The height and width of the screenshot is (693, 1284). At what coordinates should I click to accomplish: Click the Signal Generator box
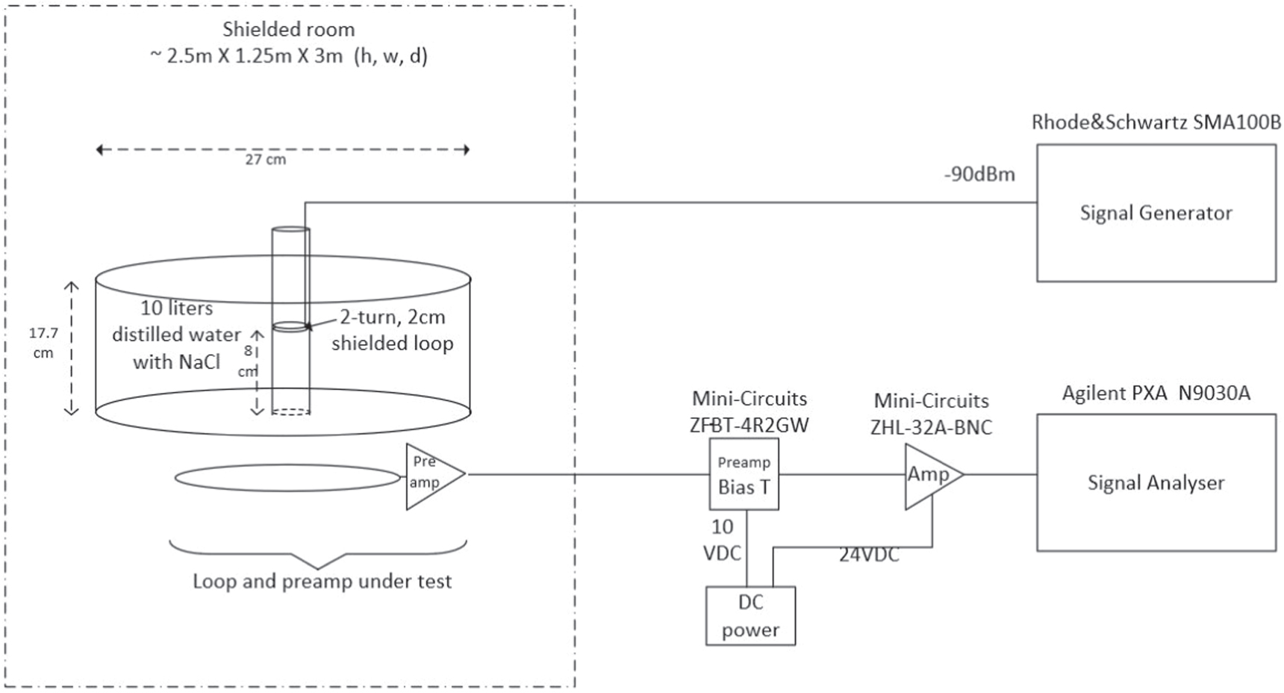coord(1156,213)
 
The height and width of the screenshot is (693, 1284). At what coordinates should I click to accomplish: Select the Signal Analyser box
coord(1156,482)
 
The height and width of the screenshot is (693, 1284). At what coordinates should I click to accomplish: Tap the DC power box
coord(750,616)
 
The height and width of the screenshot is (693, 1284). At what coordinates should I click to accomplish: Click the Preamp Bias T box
coord(744,475)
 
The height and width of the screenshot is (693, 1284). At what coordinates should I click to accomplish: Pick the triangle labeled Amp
coord(929,475)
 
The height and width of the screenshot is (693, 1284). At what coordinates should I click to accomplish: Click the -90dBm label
coord(979,175)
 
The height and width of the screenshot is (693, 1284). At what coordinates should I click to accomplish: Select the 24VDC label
coord(869,555)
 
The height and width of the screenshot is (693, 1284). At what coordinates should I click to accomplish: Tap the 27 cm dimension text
coord(266,159)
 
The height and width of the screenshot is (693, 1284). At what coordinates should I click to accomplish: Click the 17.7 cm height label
coord(43,343)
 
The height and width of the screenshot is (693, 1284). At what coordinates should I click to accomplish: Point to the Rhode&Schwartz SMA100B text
coord(1156,122)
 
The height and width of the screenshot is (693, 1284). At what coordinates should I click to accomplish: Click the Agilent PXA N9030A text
coord(1156,393)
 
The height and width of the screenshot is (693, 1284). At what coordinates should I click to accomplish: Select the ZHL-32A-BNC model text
coord(931,428)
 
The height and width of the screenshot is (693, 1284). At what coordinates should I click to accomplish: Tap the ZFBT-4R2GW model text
coord(749,425)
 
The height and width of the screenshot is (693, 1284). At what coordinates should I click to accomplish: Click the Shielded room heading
coord(289,30)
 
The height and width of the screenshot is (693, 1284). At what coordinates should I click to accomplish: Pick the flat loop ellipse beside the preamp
coord(287,478)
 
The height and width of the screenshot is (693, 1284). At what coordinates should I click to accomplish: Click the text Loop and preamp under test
coord(322,581)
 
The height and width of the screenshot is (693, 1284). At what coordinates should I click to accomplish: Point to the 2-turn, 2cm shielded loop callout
coord(392,330)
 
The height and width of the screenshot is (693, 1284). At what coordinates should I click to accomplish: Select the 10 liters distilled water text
coord(177,335)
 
